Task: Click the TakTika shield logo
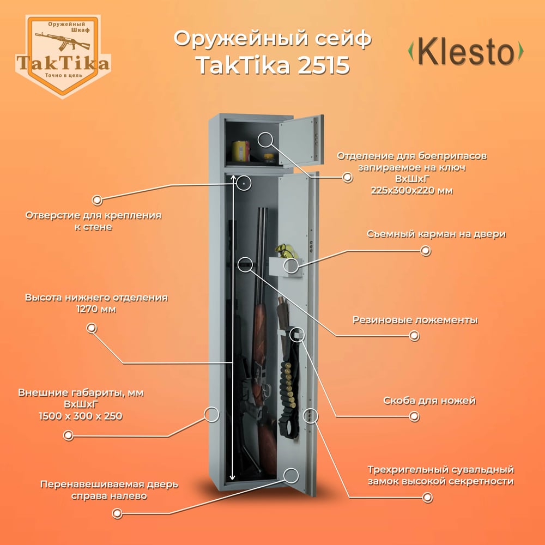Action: [63, 56]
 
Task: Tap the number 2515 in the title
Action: [323, 65]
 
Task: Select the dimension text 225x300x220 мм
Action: [411, 190]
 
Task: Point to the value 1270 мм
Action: [96, 309]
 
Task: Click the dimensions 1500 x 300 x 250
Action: [81, 416]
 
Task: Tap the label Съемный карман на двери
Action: [436, 234]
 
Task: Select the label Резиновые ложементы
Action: [415, 320]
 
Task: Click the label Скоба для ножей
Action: [429, 401]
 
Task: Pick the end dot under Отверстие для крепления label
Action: [97, 200]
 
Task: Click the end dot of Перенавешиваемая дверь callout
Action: [117, 513]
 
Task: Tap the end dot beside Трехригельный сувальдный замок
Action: [427, 498]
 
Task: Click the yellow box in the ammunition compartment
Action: [241, 150]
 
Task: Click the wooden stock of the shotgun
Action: [260, 330]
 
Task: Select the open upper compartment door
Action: [301, 141]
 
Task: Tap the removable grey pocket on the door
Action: [286, 267]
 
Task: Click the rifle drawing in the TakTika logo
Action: [62, 40]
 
